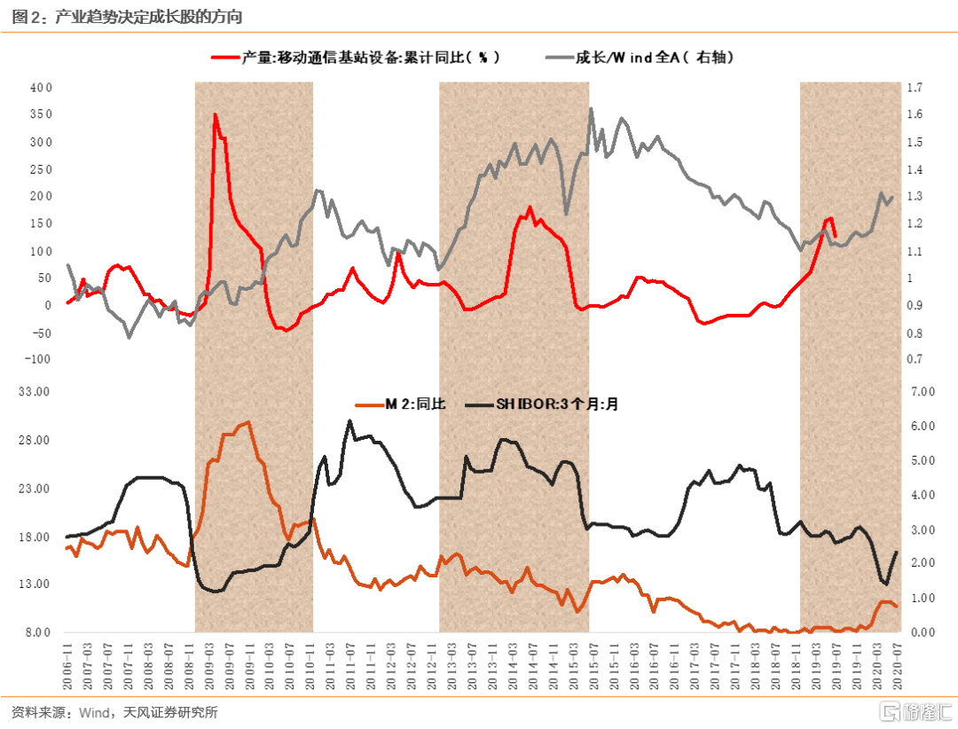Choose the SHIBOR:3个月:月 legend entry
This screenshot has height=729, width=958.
(555, 404)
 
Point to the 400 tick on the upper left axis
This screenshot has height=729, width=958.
(42, 88)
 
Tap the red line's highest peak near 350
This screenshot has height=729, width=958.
(215, 114)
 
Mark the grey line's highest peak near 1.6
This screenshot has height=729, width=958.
(592, 109)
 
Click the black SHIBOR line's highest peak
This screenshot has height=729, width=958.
(350, 420)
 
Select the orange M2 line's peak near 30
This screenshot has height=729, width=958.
(248, 422)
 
